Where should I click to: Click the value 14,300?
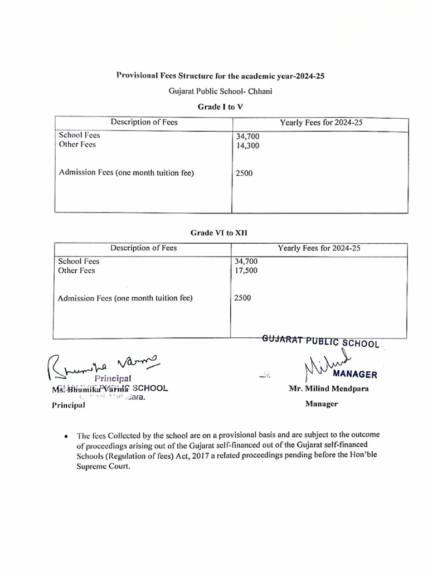click(x=247, y=145)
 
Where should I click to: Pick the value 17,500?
click(x=246, y=270)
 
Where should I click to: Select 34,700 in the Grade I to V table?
click(x=247, y=136)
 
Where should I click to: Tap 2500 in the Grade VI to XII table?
click(x=242, y=298)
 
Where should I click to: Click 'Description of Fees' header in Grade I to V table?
click(x=144, y=122)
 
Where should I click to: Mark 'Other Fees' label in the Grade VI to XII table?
click(x=76, y=270)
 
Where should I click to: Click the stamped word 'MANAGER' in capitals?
click(x=355, y=374)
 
